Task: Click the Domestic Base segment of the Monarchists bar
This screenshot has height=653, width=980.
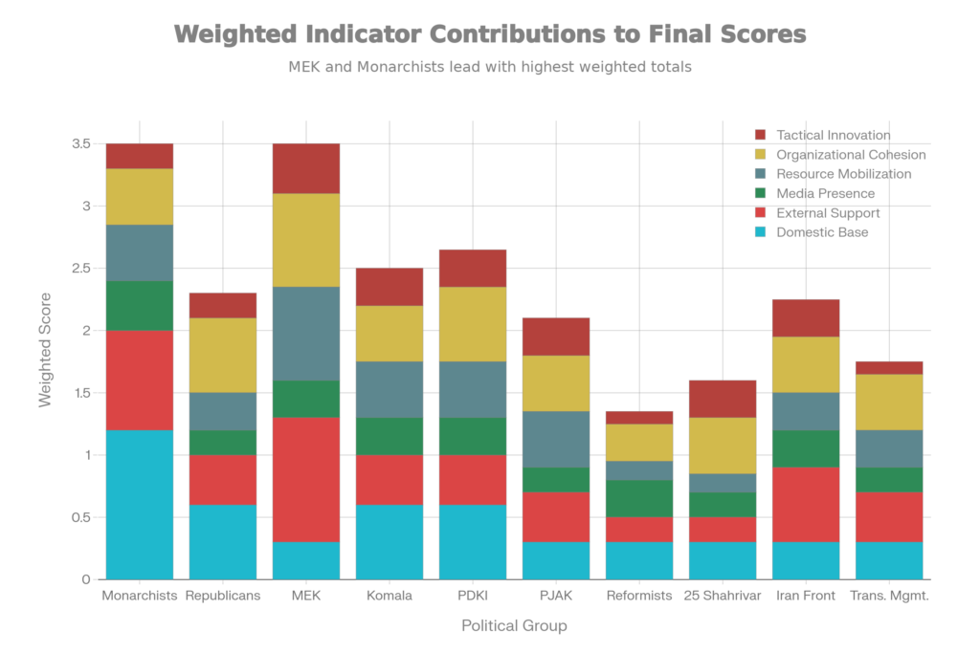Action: [140, 504]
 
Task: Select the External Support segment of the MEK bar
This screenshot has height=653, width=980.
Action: [306, 480]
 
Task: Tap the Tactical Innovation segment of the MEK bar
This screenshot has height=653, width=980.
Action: [306, 168]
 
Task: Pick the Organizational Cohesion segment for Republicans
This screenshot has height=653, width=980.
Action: [223, 355]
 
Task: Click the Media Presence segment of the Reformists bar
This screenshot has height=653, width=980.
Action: [639, 498]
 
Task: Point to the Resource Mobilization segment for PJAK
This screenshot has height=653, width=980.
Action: [556, 439]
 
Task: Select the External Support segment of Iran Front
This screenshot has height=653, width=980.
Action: [806, 504]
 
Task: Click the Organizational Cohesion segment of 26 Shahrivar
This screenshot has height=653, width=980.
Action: [723, 445]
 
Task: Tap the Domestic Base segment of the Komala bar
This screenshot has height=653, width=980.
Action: [390, 541]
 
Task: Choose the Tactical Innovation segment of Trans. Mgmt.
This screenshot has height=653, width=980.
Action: [889, 367]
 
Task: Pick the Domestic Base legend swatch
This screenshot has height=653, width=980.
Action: [761, 232]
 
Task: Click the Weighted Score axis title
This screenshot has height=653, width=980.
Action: [45, 360]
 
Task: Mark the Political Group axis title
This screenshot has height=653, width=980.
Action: [514, 627]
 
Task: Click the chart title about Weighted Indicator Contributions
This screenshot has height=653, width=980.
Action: [490, 35]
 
